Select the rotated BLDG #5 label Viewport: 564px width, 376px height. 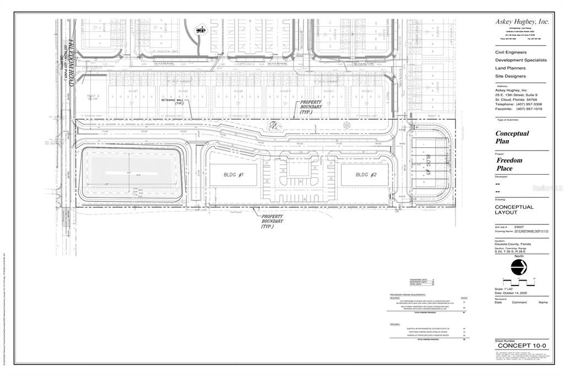click(427, 166)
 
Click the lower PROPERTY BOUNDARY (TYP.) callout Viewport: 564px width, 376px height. click(272, 221)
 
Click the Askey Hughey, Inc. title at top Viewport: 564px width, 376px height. click(522, 22)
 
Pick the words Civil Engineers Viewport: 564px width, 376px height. click(511, 52)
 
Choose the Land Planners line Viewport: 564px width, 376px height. click(511, 68)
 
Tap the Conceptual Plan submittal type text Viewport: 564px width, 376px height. click(512, 137)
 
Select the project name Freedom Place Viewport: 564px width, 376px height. click(509, 164)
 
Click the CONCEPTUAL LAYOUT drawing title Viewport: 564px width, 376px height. click(514, 210)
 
